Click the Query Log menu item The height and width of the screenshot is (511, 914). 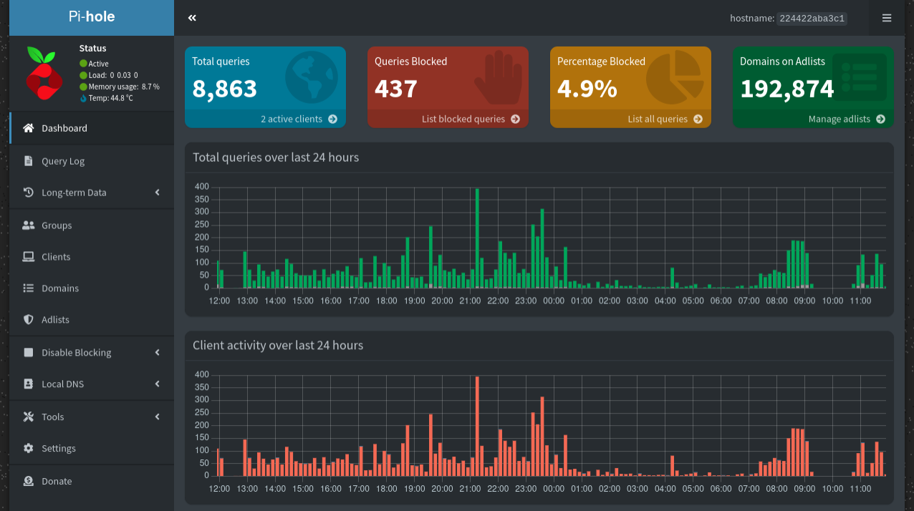coord(63,161)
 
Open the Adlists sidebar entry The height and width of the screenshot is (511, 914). coord(55,320)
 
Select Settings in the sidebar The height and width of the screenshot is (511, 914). coord(58,449)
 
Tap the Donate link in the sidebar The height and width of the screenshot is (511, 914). coord(57,482)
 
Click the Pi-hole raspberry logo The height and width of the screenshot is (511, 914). coord(44,73)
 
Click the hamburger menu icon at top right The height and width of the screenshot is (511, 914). coord(887,18)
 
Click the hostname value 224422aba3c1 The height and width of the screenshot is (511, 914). coord(812,19)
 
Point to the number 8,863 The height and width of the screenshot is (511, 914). coord(224,89)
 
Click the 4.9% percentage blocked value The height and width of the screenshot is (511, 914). coord(587,89)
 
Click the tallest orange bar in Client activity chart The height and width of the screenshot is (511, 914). coord(477,426)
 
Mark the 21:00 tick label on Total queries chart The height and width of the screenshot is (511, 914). coord(470,301)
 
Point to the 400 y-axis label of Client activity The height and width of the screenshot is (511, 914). coord(201,374)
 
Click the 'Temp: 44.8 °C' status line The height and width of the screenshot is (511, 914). coord(110,98)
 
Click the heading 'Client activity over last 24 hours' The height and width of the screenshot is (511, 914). coord(278,346)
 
